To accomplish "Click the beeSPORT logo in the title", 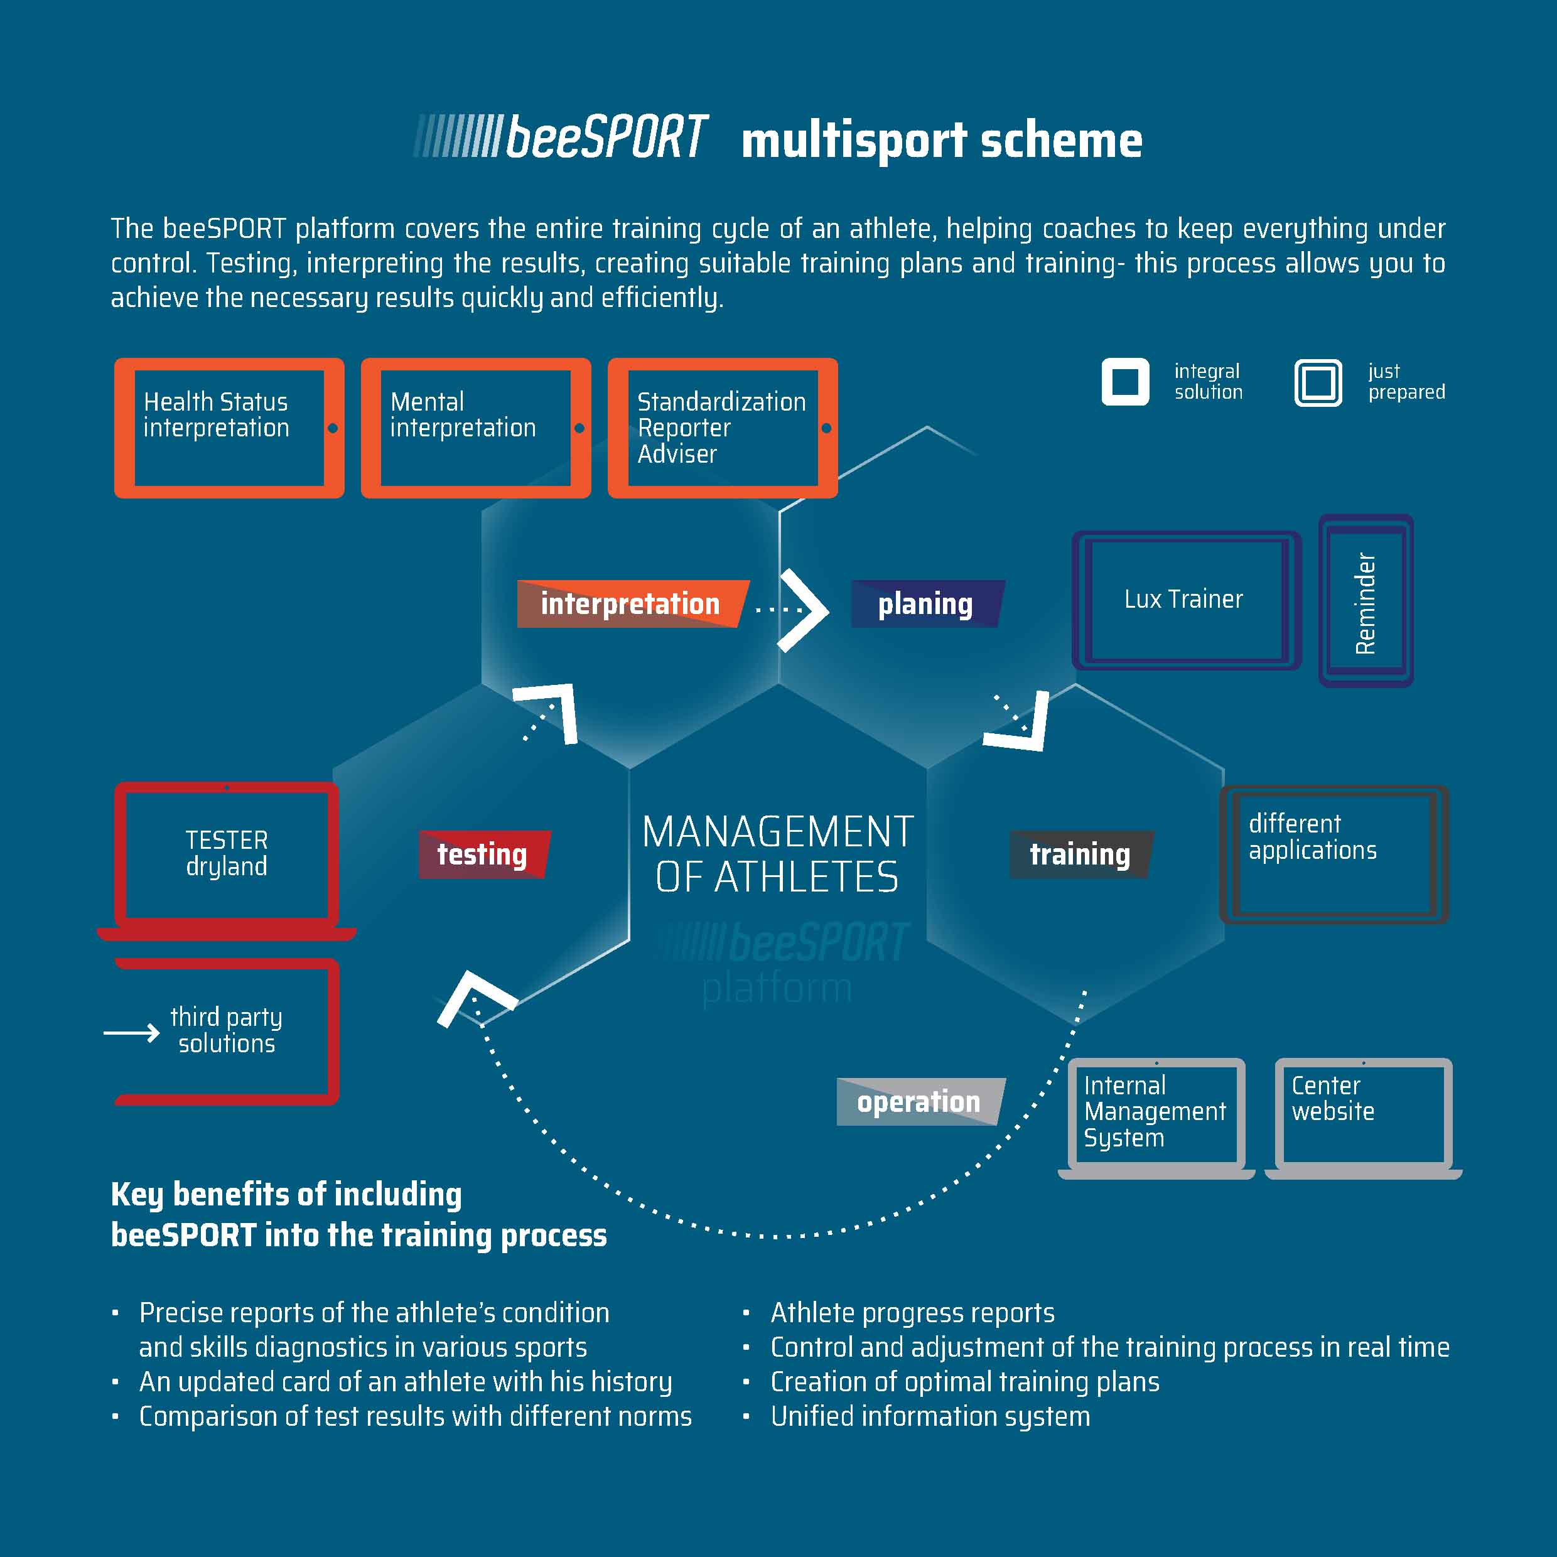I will pyautogui.click(x=562, y=137).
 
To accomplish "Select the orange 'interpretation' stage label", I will pyautogui.click(x=631, y=603).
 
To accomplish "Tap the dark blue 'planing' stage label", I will pyautogui.click(x=926, y=603).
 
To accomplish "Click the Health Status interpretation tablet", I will pyautogui.click(x=229, y=428).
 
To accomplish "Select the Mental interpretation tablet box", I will pyautogui.click(x=475, y=428).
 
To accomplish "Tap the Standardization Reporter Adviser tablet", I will pyautogui.click(x=722, y=428).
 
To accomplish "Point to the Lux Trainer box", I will pyautogui.click(x=1185, y=600).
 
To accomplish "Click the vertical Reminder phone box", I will pyautogui.click(x=1365, y=601).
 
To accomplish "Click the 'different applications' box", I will pyautogui.click(x=1333, y=854).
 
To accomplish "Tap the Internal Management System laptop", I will pyautogui.click(x=1156, y=1116).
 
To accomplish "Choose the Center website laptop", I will pyautogui.click(x=1363, y=1116).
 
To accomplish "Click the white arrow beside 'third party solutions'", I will pyautogui.click(x=131, y=1032).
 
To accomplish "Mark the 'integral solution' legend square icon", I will pyautogui.click(x=1125, y=382).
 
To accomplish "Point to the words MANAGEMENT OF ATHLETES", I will pyautogui.click(x=778, y=854).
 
